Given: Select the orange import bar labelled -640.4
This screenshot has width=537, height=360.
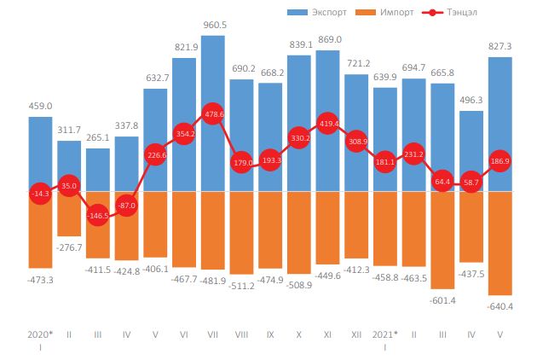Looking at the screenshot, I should click(x=499, y=243).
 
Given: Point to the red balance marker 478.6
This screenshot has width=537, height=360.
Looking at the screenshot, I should click(x=213, y=113).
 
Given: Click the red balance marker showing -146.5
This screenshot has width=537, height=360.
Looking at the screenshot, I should click(x=98, y=217).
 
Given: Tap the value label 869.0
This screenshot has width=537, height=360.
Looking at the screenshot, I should click(x=328, y=39).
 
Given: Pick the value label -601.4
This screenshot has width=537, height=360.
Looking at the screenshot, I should click(x=442, y=300).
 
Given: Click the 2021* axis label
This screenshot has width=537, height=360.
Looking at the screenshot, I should click(x=385, y=334).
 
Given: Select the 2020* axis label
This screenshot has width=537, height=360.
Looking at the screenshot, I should click(x=40, y=334).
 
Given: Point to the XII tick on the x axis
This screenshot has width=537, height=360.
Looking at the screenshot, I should click(x=356, y=335).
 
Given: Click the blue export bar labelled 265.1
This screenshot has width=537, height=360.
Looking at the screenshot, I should click(x=98, y=169).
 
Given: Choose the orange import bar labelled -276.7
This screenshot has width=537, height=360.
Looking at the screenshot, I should click(x=69, y=213).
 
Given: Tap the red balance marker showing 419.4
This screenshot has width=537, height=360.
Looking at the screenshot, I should click(x=328, y=125).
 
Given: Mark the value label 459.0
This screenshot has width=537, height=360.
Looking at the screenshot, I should click(x=40, y=106).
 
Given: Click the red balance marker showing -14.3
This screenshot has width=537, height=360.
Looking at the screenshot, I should click(x=40, y=194).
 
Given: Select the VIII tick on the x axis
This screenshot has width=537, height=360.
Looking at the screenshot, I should click(x=241, y=335).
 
